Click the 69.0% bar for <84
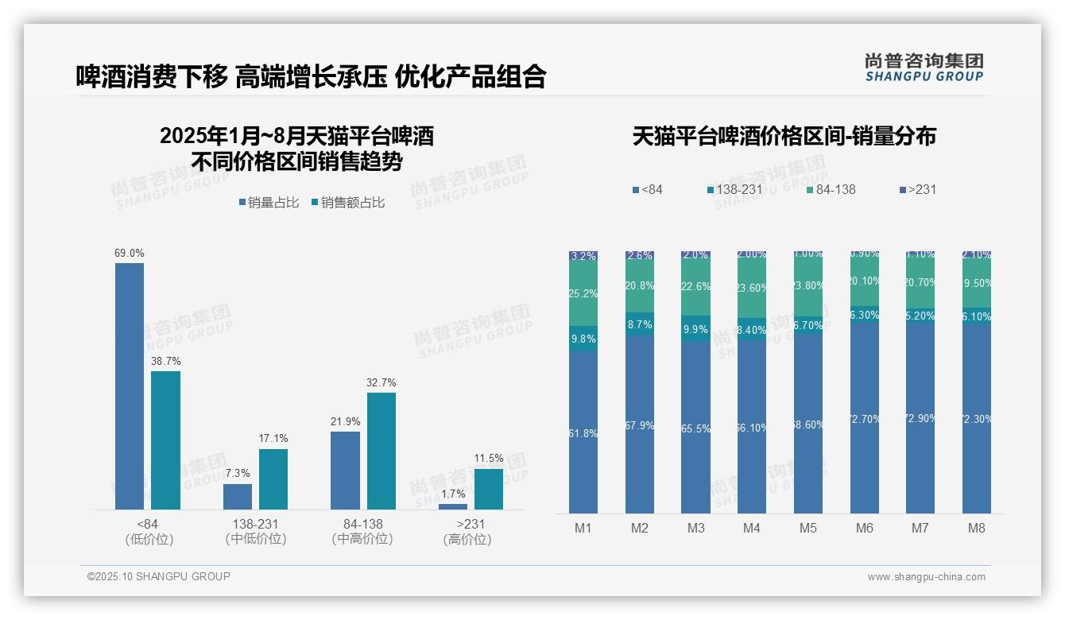[x=130, y=386]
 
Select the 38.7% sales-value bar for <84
[x=166, y=440]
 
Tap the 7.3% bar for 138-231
[x=238, y=497]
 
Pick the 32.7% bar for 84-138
[x=381, y=451]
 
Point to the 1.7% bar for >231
[x=453, y=506]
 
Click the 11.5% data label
[x=489, y=459]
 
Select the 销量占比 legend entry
[x=269, y=203]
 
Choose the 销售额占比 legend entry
[x=348, y=203]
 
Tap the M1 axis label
[x=583, y=528]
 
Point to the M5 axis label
[x=808, y=528]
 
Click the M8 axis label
[x=977, y=528]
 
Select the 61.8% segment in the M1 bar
[x=583, y=432]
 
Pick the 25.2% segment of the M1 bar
[x=583, y=293]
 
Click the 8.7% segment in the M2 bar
[x=640, y=324]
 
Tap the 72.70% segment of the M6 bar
[x=865, y=418]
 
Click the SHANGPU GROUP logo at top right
[x=924, y=68]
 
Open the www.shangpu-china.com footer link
[x=926, y=577]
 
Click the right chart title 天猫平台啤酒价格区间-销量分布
[x=784, y=136]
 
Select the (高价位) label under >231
[x=467, y=540]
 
